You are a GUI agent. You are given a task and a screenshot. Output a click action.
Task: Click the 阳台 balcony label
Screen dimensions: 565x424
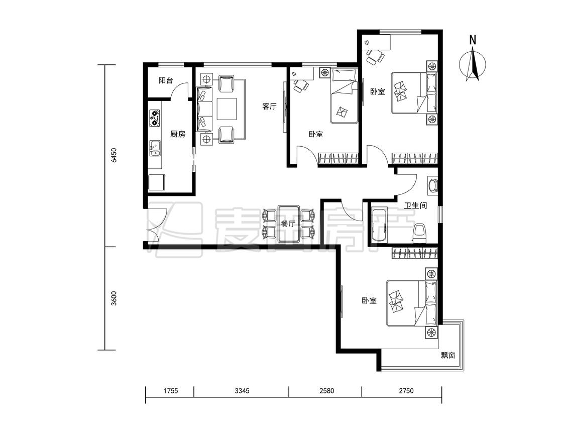[x=166, y=80]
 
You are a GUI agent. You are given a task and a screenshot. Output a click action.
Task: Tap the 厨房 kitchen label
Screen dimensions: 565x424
[x=178, y=134]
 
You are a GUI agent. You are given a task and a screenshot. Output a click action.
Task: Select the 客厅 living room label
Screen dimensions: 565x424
[x=269, y=107]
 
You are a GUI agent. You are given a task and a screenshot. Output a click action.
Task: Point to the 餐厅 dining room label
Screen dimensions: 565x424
[x=288, y=224]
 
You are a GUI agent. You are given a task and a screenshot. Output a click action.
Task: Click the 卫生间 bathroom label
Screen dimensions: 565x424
[x=415, y=205]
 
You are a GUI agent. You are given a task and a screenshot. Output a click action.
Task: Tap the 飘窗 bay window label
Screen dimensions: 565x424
[x=448, y=355]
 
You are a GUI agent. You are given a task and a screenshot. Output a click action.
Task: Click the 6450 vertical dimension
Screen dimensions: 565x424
[x=114, y=155]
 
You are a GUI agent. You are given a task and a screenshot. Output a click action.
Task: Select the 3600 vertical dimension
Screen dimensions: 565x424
[x=114, y=298]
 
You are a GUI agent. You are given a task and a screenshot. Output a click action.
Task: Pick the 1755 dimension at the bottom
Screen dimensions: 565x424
[x=170, y=390]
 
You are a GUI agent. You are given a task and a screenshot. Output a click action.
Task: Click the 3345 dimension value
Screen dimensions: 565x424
[x=242, y=390]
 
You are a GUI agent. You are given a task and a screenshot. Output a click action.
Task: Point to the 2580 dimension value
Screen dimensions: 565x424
[x=326, y=390]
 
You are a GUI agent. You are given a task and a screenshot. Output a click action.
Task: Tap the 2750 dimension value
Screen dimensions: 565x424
[x=406, y=390]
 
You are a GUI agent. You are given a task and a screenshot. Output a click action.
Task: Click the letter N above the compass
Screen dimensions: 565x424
[x=473, y=40]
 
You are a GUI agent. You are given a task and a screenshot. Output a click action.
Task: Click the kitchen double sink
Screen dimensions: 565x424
[x=155, y=148]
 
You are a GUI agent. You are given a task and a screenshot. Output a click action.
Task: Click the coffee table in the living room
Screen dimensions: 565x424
[x=227, y=109]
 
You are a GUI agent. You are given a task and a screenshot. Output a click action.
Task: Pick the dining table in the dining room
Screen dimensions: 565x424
[x=289, y=224]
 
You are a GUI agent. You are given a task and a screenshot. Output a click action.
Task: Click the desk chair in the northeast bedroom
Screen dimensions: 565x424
[x=375, y=57]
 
